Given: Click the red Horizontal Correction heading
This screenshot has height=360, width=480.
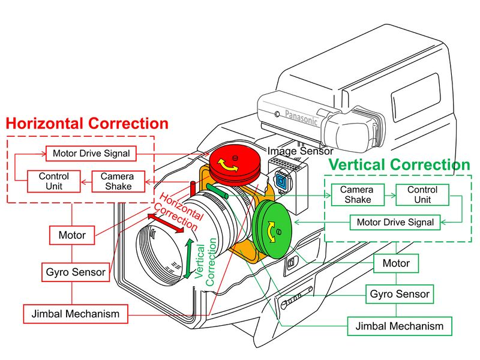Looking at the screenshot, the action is click(x=87, y=124).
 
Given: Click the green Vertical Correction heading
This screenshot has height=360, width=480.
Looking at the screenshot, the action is click(x=399, y=164).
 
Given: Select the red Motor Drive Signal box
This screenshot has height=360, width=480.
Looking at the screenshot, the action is click(x=91, y=154).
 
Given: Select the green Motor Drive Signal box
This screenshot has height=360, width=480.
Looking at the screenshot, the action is click(x=395, y=222).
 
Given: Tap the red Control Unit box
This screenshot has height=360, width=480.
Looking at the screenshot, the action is click(x=54, y=181).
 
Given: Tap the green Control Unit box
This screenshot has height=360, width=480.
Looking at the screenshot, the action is click(x=422, y=194).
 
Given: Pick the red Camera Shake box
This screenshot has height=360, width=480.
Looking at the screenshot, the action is click(x=118, y=181).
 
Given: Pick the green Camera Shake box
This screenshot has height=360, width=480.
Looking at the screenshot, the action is click(x=358, y=194).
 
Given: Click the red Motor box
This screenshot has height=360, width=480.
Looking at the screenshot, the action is click(x=72, y=235).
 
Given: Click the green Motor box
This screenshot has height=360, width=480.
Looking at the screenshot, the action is click(x=396, y=263).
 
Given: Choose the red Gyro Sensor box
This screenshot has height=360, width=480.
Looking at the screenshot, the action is click(x=76, y=272).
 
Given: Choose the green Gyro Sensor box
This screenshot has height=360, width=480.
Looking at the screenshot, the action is click(x=400, y=294).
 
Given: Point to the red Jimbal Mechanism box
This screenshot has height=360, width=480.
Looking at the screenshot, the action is click(x=76, y=314).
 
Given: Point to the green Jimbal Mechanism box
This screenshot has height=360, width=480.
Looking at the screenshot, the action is click(x=400, y=326).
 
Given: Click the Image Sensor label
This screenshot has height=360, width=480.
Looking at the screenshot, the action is click(x=301, y=151).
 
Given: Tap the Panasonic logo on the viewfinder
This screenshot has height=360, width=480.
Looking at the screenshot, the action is click(x=301, y=117).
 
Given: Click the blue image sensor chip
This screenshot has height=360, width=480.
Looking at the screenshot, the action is click(x=280, y=180).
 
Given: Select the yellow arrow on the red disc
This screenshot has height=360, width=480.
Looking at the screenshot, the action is click(x=227, y=166).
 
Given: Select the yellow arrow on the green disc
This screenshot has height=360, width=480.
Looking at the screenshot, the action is click(x=271, y=232).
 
